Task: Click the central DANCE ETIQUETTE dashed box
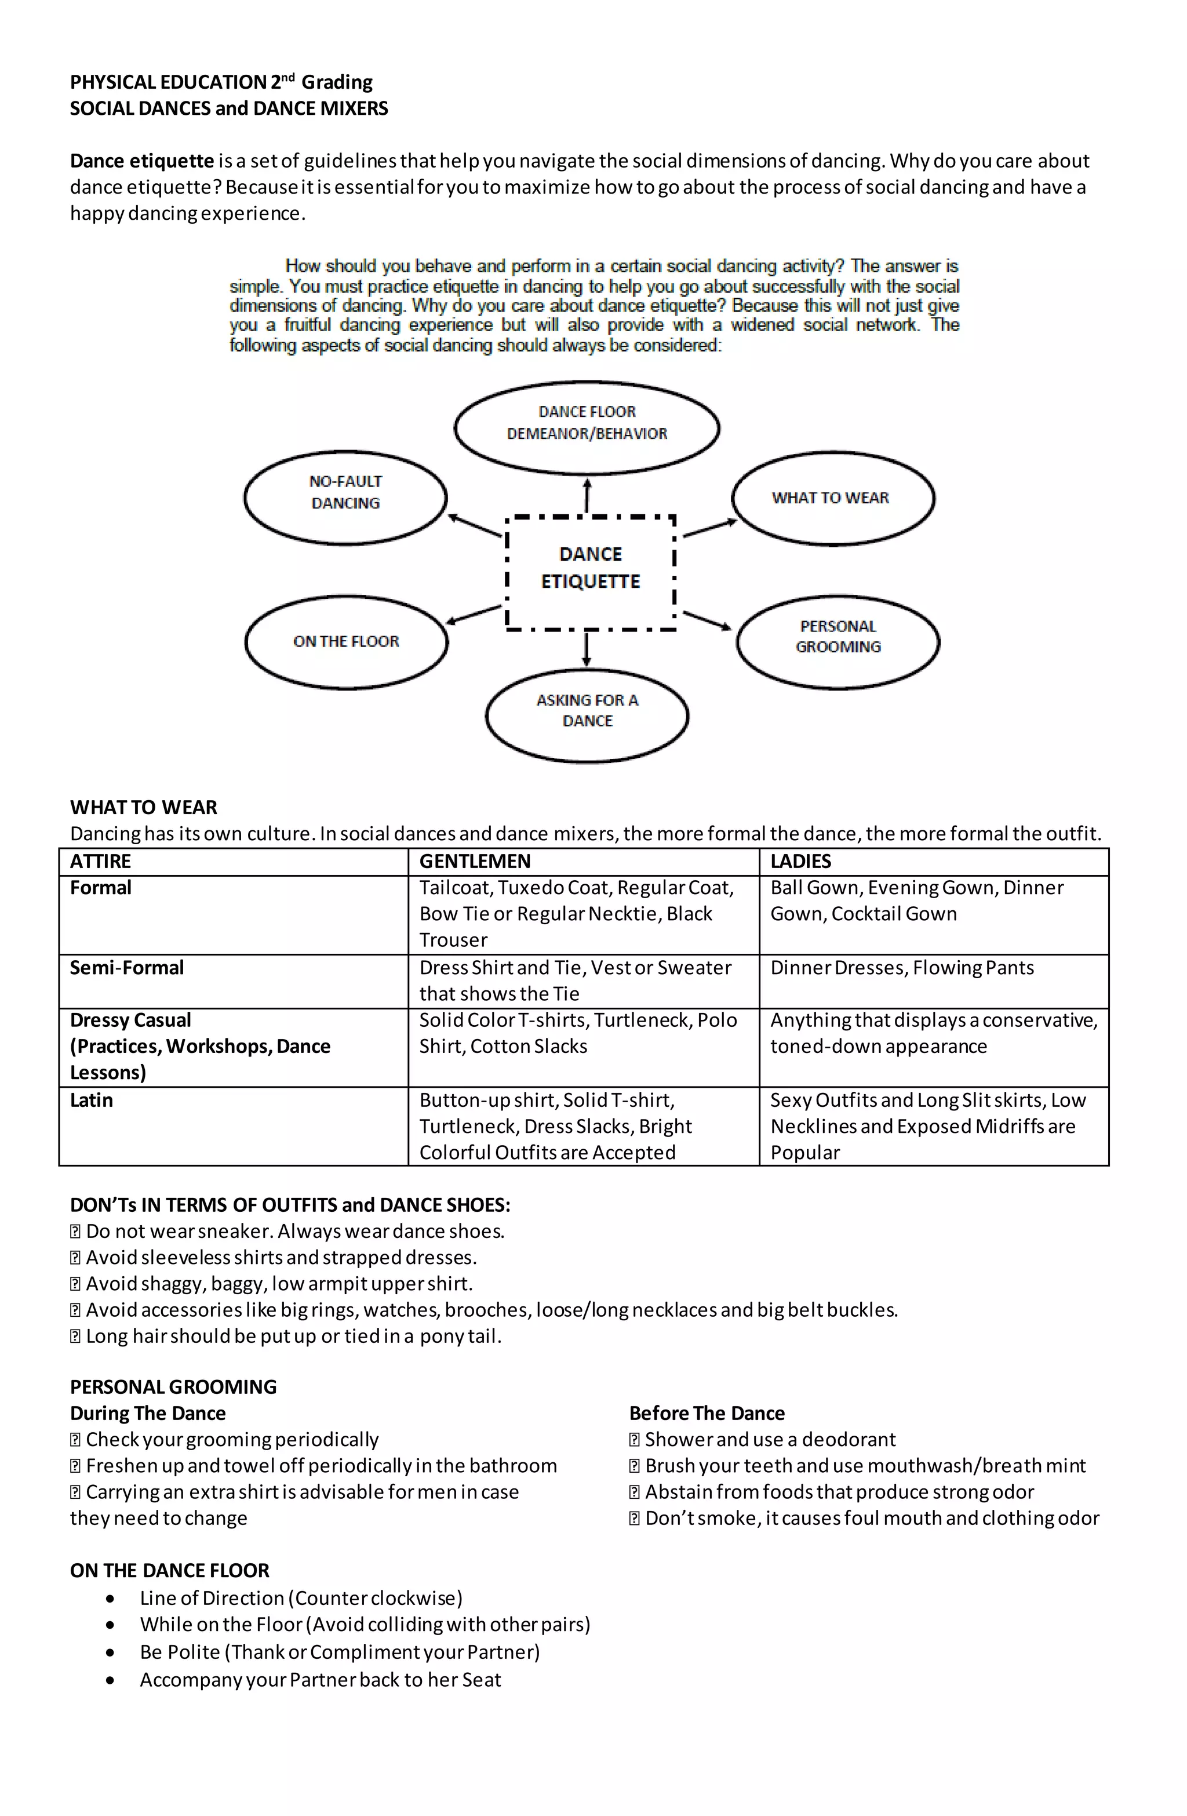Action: [x=591, y=572]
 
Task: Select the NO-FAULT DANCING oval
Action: [x=345, y=497]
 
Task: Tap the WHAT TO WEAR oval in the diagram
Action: [x=832, y=498]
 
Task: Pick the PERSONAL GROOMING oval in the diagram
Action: [x=838, y=641]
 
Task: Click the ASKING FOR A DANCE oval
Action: [x=587, y=714]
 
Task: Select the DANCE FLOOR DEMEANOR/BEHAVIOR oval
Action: [x=587, y=427]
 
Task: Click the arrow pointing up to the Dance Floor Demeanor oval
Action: [x=587, y=495]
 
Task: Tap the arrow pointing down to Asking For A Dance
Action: [x=587, y=649]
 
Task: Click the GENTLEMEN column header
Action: [x=475, y=862]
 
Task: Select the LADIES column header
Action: [x=800, y=862]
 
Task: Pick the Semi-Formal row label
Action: [x=126, y=968]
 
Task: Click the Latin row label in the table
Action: [x=92, y=1101]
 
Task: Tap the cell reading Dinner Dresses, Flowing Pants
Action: [x=902, y=968]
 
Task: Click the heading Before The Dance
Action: [x=707, y=1413]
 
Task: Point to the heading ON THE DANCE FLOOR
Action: [x=169, y=1570]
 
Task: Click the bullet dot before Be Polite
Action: [x=111, y=1652]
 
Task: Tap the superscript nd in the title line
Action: [x=287, y=77]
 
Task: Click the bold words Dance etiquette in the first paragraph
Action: [x=142, y=161]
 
